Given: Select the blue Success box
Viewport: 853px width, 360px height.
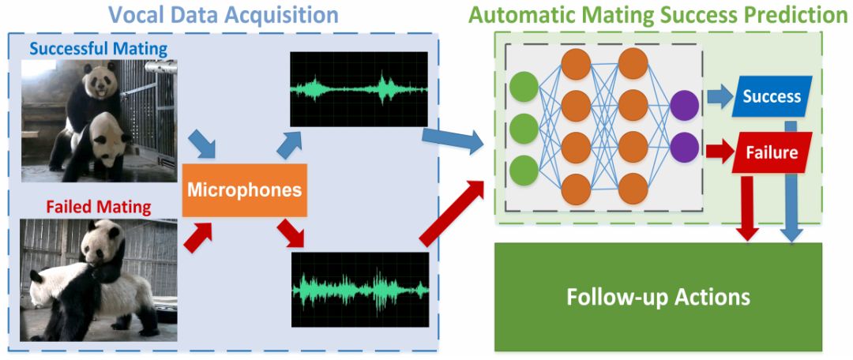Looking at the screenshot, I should (x=772, y=96).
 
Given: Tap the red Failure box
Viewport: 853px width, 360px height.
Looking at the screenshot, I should (x=772, y=152).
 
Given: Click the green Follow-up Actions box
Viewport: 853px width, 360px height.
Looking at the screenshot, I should (x=658, y=297).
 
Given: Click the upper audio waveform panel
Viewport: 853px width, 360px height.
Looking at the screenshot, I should (x=359, y=88).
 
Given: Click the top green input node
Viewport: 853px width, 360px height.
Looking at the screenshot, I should (x=524, y=87).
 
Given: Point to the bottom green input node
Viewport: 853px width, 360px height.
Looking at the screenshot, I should (x=524, y=171).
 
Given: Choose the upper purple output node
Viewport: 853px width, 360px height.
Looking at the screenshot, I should (x=684, y=105).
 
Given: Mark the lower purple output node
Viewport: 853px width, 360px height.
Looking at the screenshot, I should (x=684, y=146).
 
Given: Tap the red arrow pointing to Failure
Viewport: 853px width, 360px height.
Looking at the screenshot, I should (x=719, y=151).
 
